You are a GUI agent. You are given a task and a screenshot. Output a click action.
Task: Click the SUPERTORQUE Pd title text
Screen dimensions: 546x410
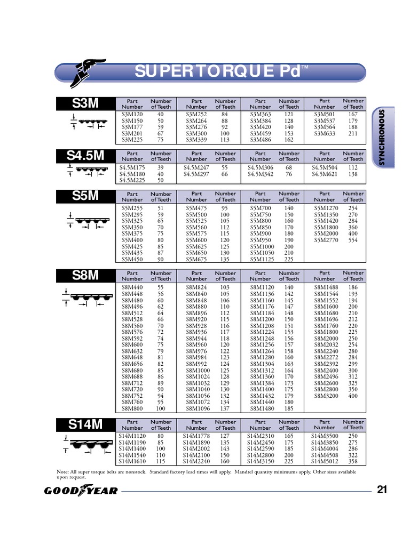coord(219,71)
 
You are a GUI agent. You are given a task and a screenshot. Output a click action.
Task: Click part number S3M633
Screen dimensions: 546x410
coord(325,133)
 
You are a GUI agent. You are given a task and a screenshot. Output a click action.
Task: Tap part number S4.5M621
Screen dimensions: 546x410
coord(325,174)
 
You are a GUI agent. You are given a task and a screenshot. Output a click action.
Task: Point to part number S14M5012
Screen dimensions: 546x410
coord(325,461)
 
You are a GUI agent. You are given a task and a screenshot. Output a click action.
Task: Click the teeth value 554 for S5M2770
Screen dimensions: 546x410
coord(353,240)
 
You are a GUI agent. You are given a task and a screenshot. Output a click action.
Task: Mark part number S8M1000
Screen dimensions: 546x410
coord(197,370)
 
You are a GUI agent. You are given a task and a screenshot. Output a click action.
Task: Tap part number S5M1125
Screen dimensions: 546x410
coord(261,260)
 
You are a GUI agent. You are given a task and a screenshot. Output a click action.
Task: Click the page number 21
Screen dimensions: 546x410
coord(382,491)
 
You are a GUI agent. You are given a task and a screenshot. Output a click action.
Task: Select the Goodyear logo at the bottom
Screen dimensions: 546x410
coord(77,491)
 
